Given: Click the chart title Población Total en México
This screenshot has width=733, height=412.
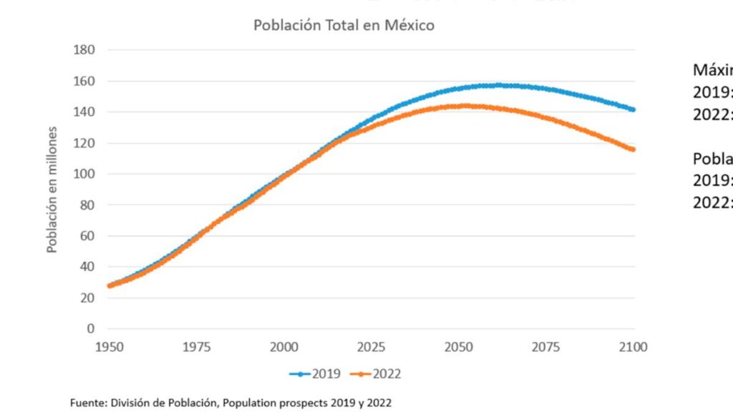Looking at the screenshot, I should coord(344,25).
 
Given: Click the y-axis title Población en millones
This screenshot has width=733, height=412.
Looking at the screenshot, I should coord(52,189).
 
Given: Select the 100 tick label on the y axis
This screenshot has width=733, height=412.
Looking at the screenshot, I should coord(84,174).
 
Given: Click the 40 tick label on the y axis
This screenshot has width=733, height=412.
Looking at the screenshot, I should coord(87,267).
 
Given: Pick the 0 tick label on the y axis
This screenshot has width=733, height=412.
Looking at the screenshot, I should coord(91,329).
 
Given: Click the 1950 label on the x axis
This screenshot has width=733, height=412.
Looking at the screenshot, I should coord(110,348).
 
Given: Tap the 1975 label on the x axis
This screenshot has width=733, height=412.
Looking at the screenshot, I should coord(197,348).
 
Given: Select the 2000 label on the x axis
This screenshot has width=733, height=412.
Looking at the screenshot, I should coord(284,348).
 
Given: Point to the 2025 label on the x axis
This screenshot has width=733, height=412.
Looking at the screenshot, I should coord(372,348).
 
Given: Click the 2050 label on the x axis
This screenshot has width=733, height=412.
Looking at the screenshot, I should coord(459,348).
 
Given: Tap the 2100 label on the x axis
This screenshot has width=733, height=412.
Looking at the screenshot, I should coord(633,348).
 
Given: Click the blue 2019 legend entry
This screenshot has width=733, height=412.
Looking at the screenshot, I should coord(315,374).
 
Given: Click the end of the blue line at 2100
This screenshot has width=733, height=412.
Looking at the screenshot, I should coord(633,109).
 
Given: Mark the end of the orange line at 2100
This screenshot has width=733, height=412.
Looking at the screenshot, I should coord(633,149).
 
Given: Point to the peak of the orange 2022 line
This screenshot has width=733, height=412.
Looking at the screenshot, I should coord(466,106).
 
